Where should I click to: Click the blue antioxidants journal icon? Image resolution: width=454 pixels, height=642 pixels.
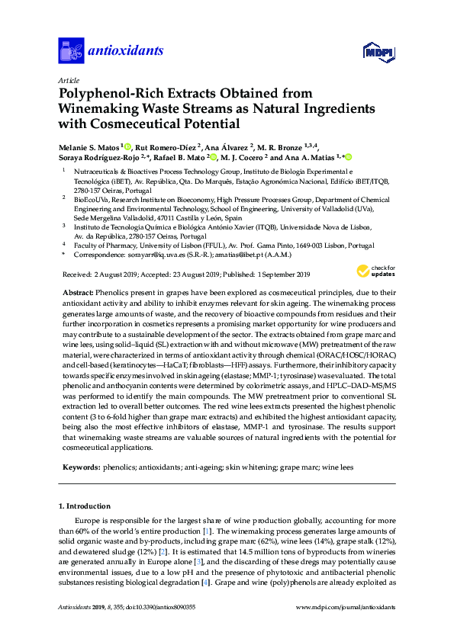click(71, 50)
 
